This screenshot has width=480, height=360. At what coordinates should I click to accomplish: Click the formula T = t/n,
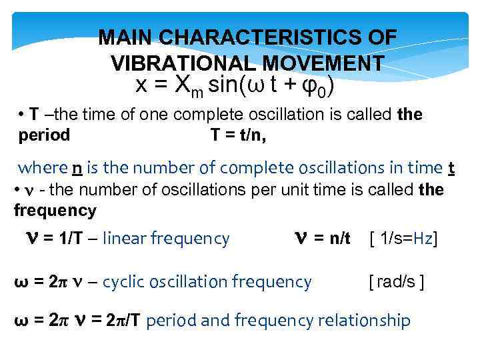238,135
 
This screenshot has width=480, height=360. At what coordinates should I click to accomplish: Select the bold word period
44,135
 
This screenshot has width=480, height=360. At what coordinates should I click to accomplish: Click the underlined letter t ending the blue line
451,167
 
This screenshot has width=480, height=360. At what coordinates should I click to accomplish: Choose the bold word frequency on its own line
55,211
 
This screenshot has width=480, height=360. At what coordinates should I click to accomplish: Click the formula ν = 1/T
55,238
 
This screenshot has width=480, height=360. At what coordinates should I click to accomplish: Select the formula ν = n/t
322,238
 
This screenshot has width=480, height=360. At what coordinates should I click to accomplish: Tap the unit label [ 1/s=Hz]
403,238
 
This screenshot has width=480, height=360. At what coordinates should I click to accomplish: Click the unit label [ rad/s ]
397,282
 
